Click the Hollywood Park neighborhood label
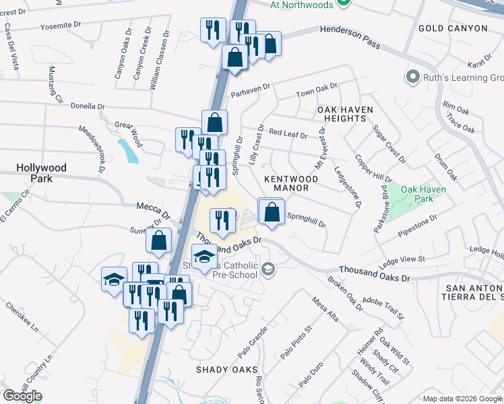42,173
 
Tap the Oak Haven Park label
423,195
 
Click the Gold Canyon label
452,28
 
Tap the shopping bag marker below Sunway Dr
158,240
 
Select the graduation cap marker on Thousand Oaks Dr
205,255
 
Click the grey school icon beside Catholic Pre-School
268,269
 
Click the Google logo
22,396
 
